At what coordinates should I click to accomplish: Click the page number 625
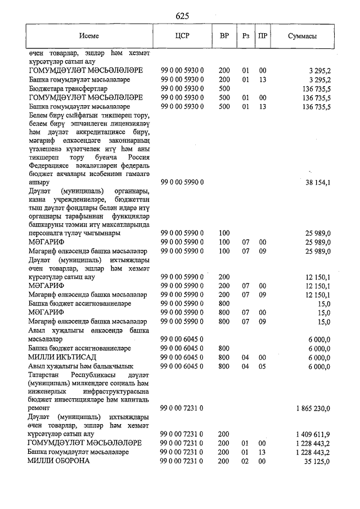pyautogui.click(x=182, y=16)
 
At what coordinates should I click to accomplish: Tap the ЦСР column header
pyautogui.click(x=182, y=35)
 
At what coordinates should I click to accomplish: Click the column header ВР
pyautogui.click(x=224, y=35)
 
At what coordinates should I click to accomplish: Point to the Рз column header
pyautogui.click(x=246, y=35)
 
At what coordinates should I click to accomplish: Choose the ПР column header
pyautogui.click(x=262, y=35)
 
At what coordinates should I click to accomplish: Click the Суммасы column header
pyautogui.click(x=302, y=35)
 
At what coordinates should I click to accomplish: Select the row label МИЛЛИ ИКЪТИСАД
pyautogui.click(x=60, y=357)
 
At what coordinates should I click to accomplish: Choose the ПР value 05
pyautogui.click(x=262, y=366)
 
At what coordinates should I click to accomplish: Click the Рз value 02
pyautogui.click(x=245, y=461)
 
